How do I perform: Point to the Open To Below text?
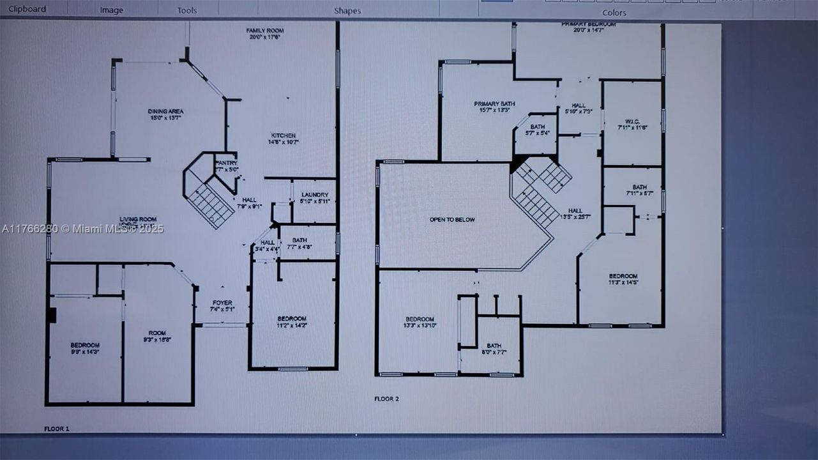pyautogui.click(x=452, y=220)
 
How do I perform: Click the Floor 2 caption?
pyautogui.click(x=386, y=399)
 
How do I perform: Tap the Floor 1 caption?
pyautogui.click(x=57, y=429)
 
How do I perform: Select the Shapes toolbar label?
pyautogui.click(x=347, y=11)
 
